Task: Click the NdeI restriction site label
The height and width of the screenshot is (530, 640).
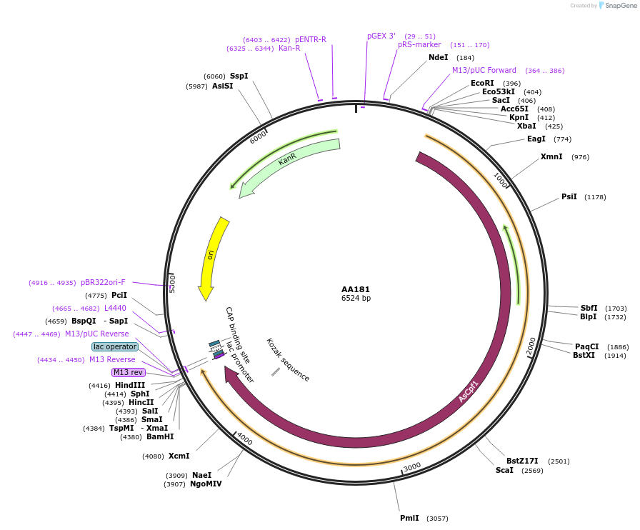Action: pos(438,57)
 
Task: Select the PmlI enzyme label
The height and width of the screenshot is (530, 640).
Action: pos(409,518)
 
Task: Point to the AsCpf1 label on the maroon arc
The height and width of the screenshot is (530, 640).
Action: pos(468,391)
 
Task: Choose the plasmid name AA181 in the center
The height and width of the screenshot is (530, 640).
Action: pos(356,289)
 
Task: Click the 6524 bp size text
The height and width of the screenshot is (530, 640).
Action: pos(356,299)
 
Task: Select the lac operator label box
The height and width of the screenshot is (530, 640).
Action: pos(115,346)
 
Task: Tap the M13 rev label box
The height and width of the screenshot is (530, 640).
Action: pos(129,372)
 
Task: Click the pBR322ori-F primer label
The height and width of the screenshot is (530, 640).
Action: pos(103,282)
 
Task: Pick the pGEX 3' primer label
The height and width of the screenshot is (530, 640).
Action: pos(381,36)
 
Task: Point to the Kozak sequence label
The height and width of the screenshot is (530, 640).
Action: pos(288,359)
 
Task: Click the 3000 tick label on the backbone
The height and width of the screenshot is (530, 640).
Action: pos(412,467)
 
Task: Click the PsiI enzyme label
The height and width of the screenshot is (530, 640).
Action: pos(569,196)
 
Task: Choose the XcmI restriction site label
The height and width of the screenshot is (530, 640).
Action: pos(179,456)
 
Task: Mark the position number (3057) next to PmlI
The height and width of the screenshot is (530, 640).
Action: pos(437,519)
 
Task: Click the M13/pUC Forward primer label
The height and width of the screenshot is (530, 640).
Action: pos(484,70)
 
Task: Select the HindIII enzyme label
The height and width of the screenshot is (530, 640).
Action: pos(130,385)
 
